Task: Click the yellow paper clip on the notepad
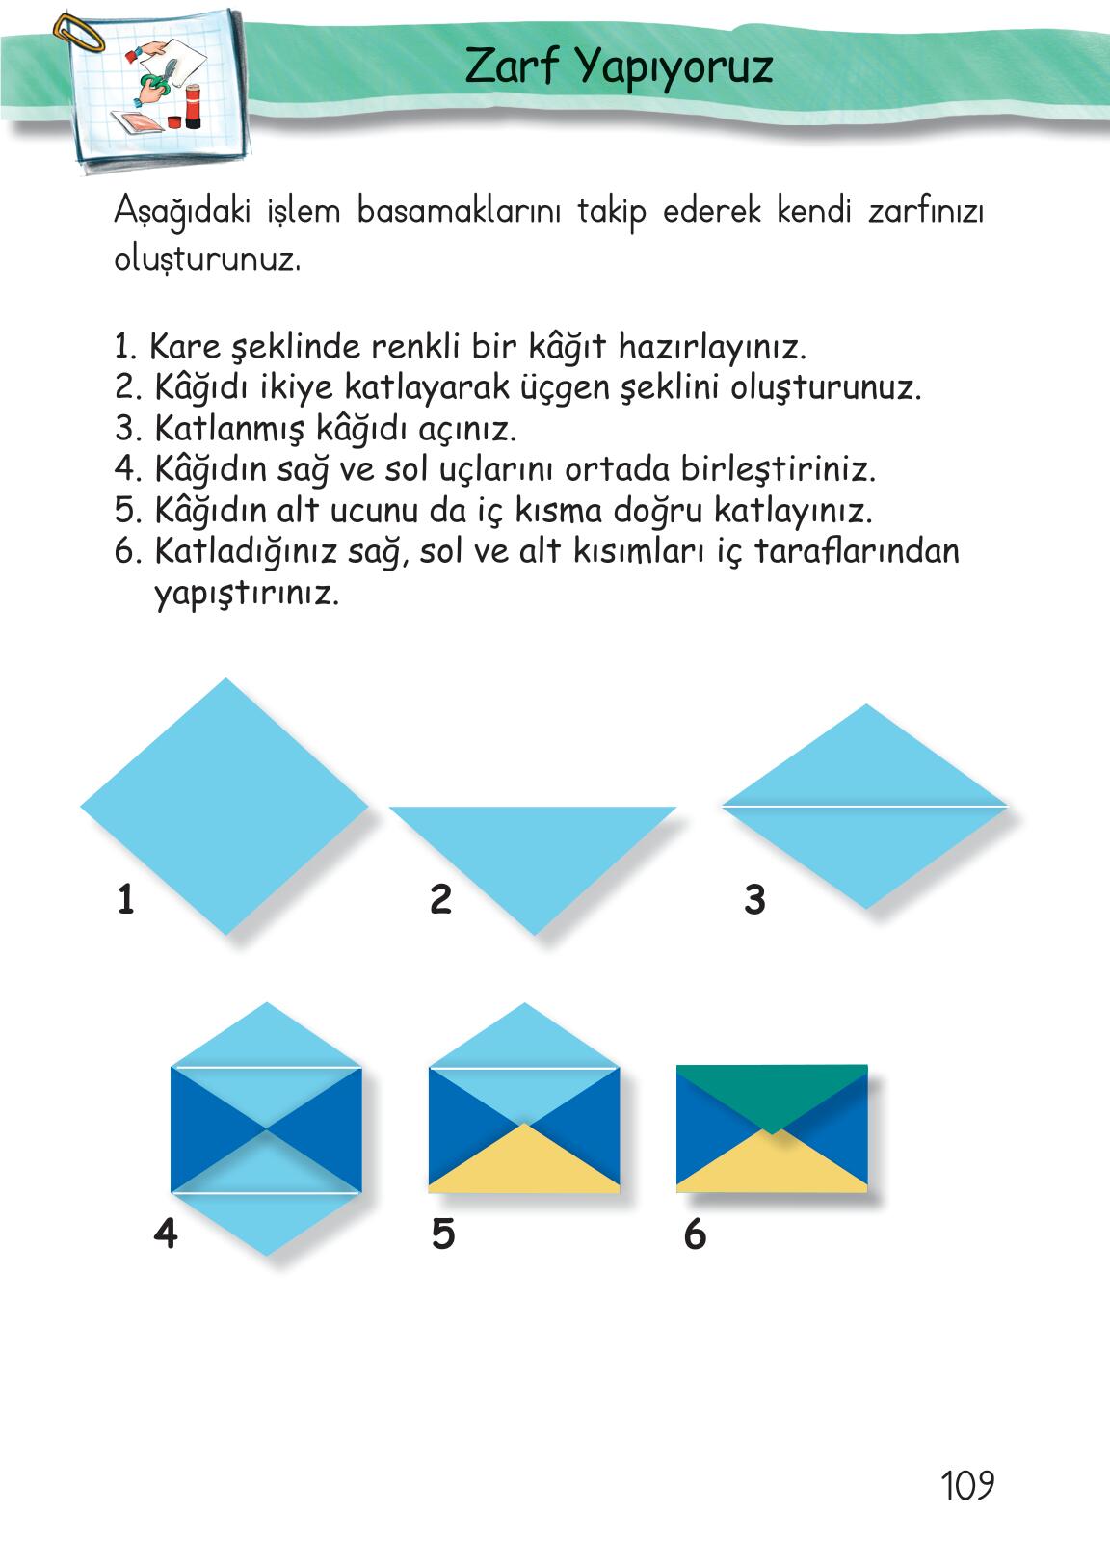click(x=77, y=32)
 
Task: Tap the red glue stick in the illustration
click(x=193, y=106)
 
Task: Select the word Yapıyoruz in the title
click(x=674, y=68)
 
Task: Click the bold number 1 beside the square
click(x=126, y=899)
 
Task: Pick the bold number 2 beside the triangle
click(x=440, y=899)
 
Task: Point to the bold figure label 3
click(x=754, y=899)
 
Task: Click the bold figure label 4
click(x=166, y=1234)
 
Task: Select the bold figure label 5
click(x=443, y=1234)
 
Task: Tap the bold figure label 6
click(x=695, y=1234)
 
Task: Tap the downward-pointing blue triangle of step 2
click(x=533, y=853)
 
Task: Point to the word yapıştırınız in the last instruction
click(x=247, y=595)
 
